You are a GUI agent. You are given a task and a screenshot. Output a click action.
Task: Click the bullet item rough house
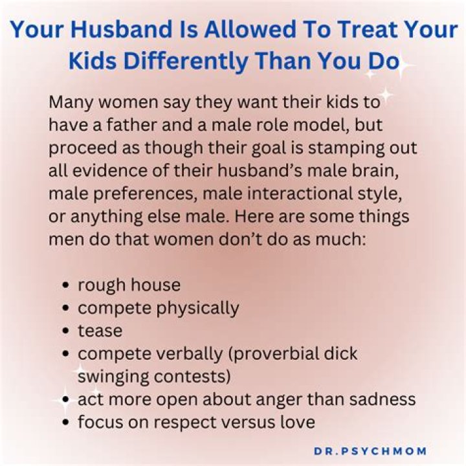tap(129, 285)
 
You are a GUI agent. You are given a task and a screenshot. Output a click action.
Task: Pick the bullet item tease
tap(100, 331)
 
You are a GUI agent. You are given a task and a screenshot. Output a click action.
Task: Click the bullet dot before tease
tap(67, 331)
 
